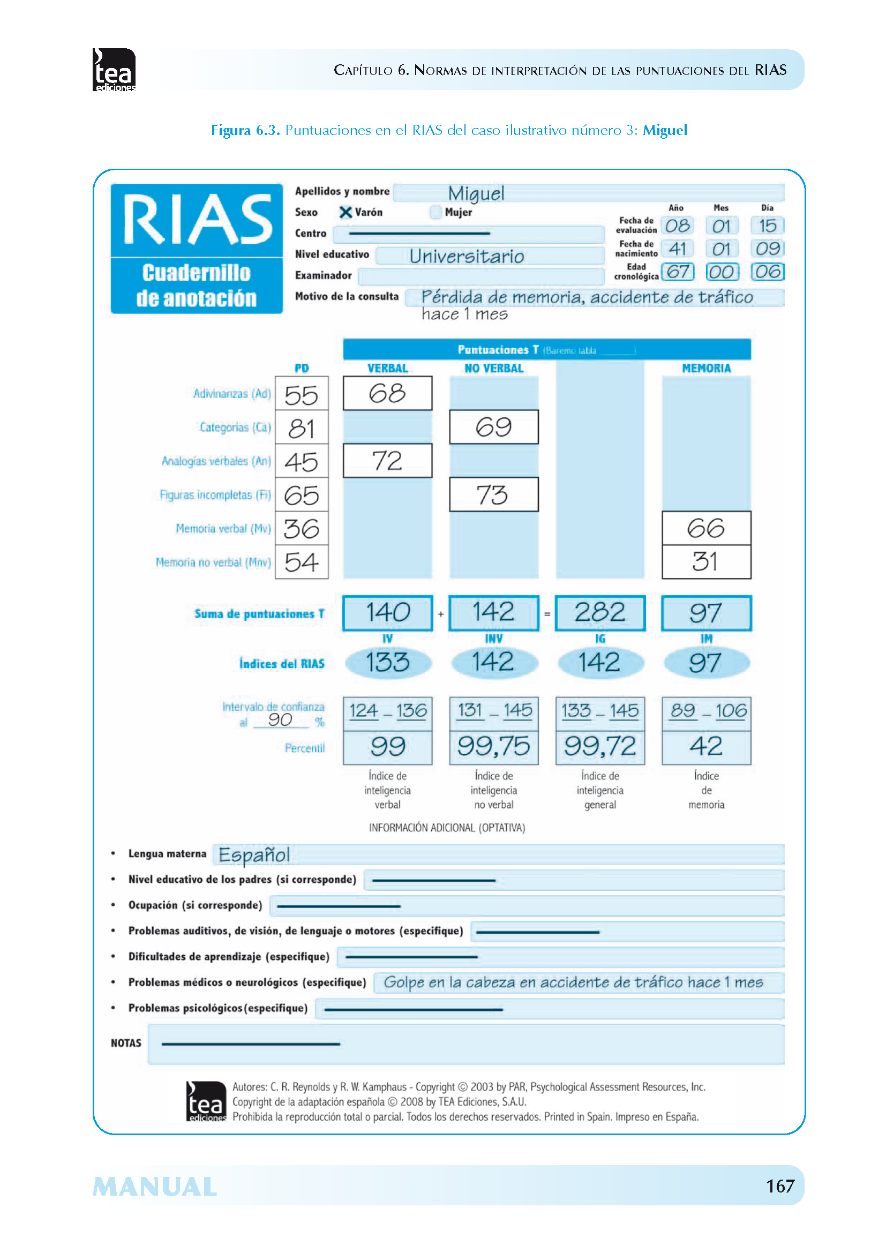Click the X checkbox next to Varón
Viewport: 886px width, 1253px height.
tap(346, 212)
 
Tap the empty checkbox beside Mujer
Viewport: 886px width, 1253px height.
tap(436, 212)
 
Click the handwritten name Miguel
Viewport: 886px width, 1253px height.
tap(476, 193)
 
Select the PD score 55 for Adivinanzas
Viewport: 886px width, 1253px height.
tap(301, 395)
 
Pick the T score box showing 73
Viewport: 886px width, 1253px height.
tap(493, 495)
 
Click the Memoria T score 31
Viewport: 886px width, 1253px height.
tap(705, 561)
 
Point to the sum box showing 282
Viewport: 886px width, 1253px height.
tap(599, 613)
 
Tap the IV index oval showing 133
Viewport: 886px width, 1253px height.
tap(387, 663)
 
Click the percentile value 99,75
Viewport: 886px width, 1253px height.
tap(493, 747)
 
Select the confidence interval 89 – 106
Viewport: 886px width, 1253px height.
tap(706, 711)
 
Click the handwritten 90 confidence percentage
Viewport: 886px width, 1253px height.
tap(280, 721)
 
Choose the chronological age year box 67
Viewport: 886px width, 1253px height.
tap(678, 272)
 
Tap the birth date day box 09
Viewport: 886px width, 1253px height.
tap(767, 249)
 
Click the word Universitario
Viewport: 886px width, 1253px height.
tap(467, 257)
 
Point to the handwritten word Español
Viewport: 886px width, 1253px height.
tap(254, 854)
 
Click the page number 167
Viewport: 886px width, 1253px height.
tap(779, 1186)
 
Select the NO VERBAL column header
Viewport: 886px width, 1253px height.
tap(493, 369)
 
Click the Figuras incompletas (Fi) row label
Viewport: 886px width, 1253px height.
tap(215, 495)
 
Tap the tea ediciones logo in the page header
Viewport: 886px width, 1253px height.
tap(114, 70)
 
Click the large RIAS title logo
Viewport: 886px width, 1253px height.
tap(197, 220)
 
